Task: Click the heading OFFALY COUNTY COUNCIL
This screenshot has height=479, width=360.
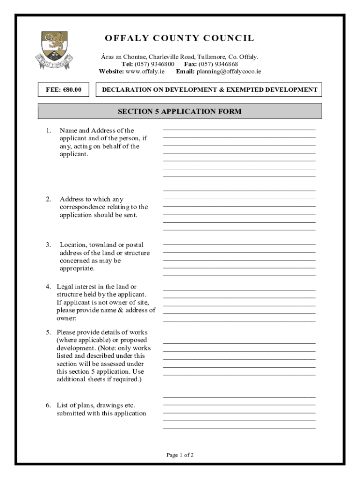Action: pyautogui.click(x=180, y=38)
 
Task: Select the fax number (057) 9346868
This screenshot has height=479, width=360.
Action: pyautogui.click(x=218, y=64)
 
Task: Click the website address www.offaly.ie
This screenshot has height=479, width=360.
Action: pyautogui.click(x=145, y=72)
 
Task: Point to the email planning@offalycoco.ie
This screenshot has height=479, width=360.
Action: pyautogui.click(x=229, y=72)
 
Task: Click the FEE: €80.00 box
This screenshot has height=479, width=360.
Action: pyautogui.click(x=63, y=89)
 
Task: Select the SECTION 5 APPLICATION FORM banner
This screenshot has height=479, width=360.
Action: pyautogui.click(x=180, y=111)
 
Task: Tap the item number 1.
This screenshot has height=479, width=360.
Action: pyautogui.click(x=49, y=131)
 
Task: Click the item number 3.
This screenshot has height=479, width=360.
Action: pyautogui.click(x=49, y=245)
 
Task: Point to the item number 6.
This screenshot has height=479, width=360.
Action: pyautogui.click(x=49, y=405)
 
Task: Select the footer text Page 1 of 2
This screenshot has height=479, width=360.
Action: pyautogui.click(x=180, y=455)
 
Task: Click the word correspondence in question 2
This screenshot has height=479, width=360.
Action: pyautogui.click(x=81, y=207)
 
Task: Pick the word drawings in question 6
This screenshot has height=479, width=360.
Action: pyautogui.click(x=110, y=405)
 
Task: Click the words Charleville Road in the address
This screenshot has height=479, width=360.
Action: pyautogui.click(x=172, y=57)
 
